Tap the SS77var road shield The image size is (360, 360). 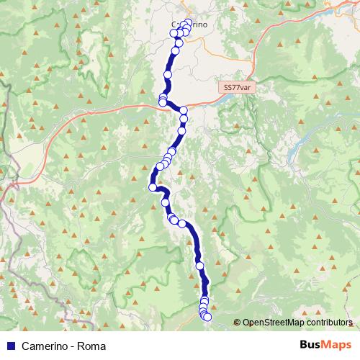236,86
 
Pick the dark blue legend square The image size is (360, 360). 11,346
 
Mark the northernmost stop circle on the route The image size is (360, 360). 189,22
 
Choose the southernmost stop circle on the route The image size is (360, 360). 207,317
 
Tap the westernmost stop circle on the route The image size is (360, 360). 153,187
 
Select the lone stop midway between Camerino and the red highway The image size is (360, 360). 168,74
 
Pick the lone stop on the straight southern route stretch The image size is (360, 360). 199,264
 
